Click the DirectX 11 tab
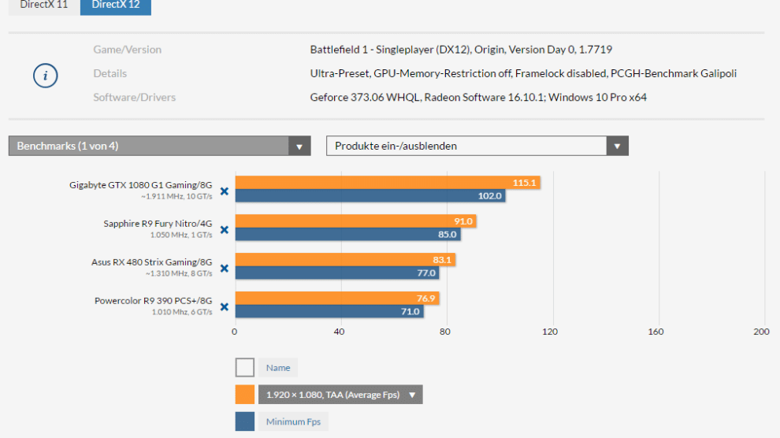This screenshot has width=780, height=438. (43, 6)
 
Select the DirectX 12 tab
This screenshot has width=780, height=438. (115, 6)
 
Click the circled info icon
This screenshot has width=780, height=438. (45, 76)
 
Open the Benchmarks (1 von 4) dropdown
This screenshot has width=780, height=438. (159, 146)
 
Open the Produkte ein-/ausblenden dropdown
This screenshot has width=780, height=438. (477, 146)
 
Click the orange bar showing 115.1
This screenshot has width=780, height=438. (387, 183)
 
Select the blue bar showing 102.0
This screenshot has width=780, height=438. (370, 196)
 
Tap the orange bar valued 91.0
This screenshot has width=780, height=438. (355, 221)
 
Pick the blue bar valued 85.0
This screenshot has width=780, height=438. (347, 235)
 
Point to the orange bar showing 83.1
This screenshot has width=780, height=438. (344, 260)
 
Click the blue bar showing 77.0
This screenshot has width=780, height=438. (336, 273)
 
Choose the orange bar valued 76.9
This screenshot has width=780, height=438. (336, 299)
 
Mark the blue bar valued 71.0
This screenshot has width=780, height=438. (329, 312)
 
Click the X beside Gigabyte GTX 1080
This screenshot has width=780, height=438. (224, 191)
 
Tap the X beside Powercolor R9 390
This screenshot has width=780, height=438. (224, 307)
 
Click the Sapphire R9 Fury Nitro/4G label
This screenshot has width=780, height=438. (158, 224)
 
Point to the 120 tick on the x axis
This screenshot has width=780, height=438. (550, 332)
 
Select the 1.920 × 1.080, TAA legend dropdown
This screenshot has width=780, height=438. (340, 395)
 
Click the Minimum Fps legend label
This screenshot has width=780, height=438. (293, 422)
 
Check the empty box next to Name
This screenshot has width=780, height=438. (245, 368)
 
